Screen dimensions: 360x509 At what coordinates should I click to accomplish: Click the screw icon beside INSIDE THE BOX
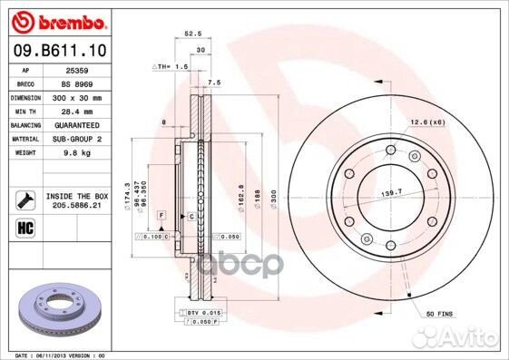click(24, 198)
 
